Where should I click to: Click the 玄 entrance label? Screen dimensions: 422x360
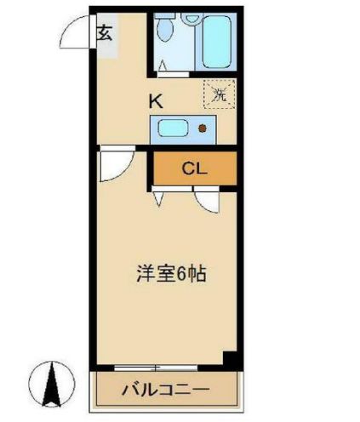(x=104, y=34)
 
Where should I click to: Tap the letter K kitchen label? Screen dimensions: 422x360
(x=156, y=100)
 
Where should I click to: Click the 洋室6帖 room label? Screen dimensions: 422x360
(x=173, y=275)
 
